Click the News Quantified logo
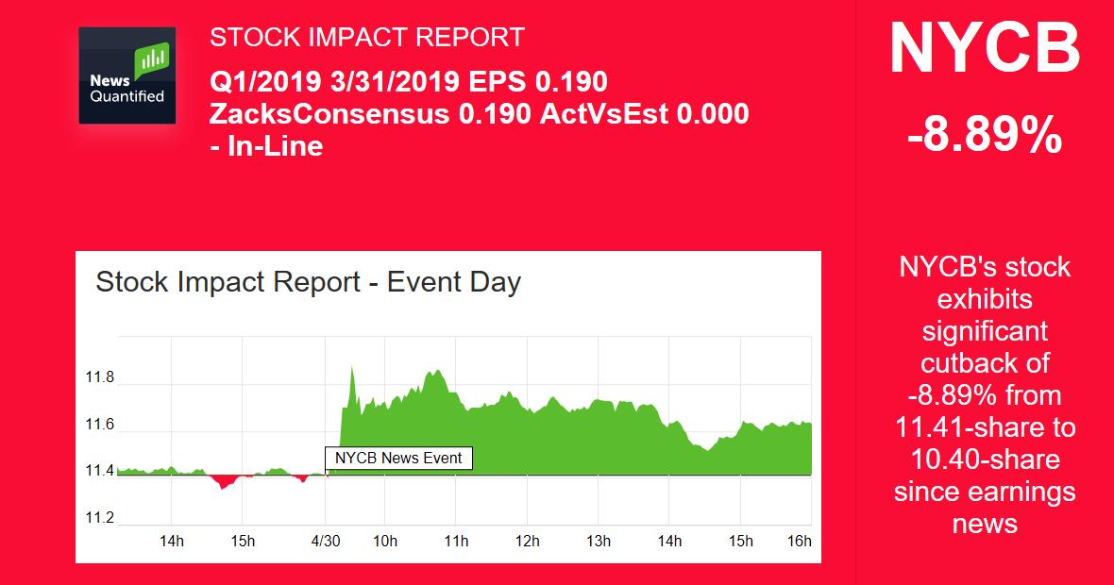pos(127,75)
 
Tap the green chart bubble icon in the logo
pos(152,58)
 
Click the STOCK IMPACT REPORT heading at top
pos(366,37)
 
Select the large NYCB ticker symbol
pos(985,48)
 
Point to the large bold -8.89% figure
pos(985,134)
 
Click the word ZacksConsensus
pos(329,113)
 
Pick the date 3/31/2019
pos(395,82)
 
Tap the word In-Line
pos(276,146)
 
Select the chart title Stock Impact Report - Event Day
pos(309,282)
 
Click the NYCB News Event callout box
pos(398,458)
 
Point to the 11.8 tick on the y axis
pos(99,377)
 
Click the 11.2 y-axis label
pos(99,518)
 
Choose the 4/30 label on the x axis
pos(326,541)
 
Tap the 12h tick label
pos(527,541)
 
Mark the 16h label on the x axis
pos(800,541)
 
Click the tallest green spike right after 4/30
pos(351,368)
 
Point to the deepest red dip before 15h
pos(224,489)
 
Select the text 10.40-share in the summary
pos(985,460)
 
